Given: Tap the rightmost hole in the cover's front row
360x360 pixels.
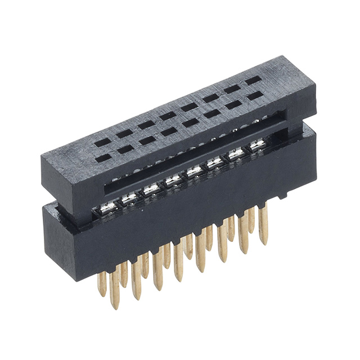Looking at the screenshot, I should (x=254, y=96).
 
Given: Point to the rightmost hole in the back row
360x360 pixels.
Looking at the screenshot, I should (x=253, y=80).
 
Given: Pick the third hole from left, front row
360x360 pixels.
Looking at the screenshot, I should (x=147, y=140).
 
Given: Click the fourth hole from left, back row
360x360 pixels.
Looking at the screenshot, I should (x=168, y=116).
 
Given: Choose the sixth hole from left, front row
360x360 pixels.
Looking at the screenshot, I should (x=211, y=114).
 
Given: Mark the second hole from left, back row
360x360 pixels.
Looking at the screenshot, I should (x=124, y=133).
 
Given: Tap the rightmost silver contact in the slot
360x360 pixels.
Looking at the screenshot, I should (x=258, y=145).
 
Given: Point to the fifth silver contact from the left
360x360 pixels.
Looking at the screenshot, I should (x=194, y=171).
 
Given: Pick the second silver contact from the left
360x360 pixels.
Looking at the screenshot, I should (x=130, y=198).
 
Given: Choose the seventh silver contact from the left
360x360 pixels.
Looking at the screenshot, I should (x=236, y=154).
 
